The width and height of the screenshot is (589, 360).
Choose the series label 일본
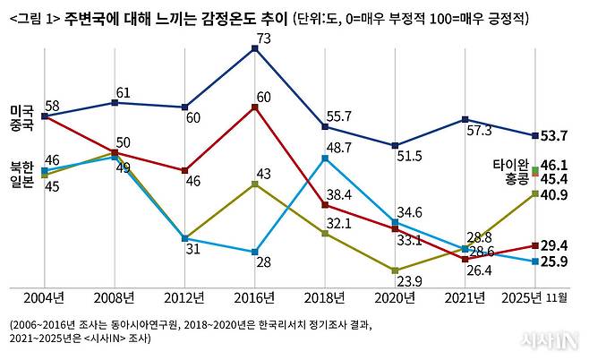[21, 182]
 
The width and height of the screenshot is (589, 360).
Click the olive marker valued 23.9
[395, 270]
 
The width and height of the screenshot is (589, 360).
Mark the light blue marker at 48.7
[325, 158]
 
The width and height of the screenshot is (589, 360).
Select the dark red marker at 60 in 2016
[255, 107]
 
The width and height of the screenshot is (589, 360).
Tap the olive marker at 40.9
[534, 193]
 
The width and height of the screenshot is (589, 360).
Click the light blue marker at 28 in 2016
[255, 252]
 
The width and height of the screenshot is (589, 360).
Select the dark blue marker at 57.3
[465, 119]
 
